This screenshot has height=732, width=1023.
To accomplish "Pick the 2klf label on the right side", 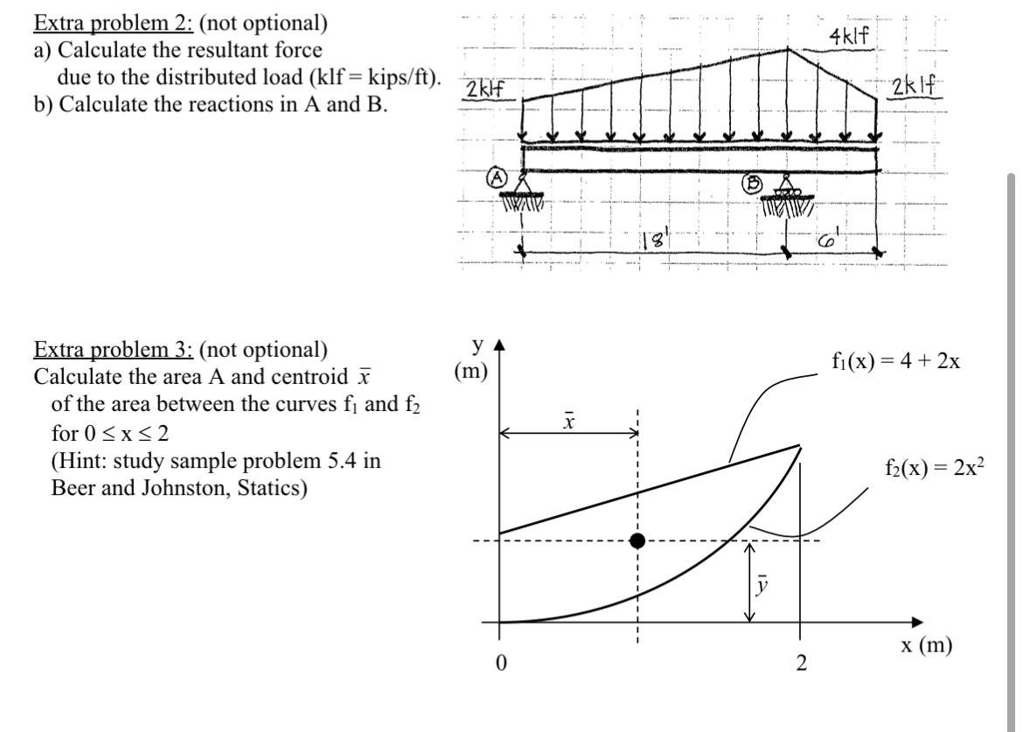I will pyautogui.click(x=915, y=89).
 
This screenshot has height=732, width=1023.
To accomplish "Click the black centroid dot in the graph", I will pyautogui.click(x=637, y=540).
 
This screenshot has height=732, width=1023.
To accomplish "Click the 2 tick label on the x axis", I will pyautogui.click(x=799, y=664).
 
